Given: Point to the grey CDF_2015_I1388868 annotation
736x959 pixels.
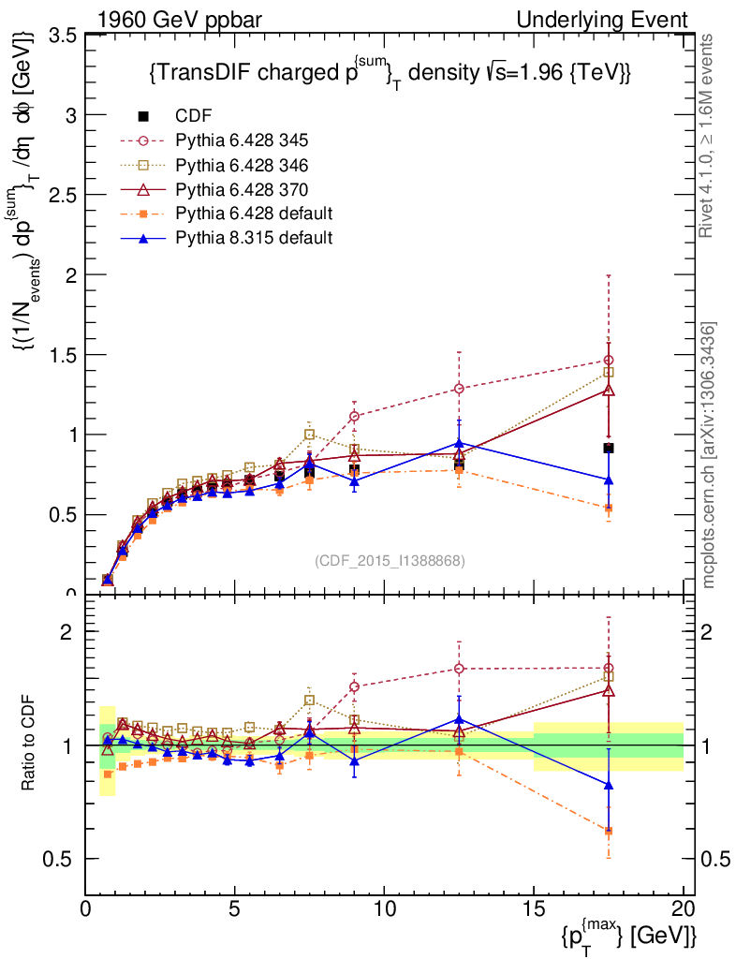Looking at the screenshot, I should [390, 560].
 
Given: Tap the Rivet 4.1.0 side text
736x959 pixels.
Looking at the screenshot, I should [708, 136].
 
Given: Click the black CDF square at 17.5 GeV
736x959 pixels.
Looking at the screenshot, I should [609, 448].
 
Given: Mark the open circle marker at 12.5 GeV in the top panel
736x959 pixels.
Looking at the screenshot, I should [459, 388].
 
